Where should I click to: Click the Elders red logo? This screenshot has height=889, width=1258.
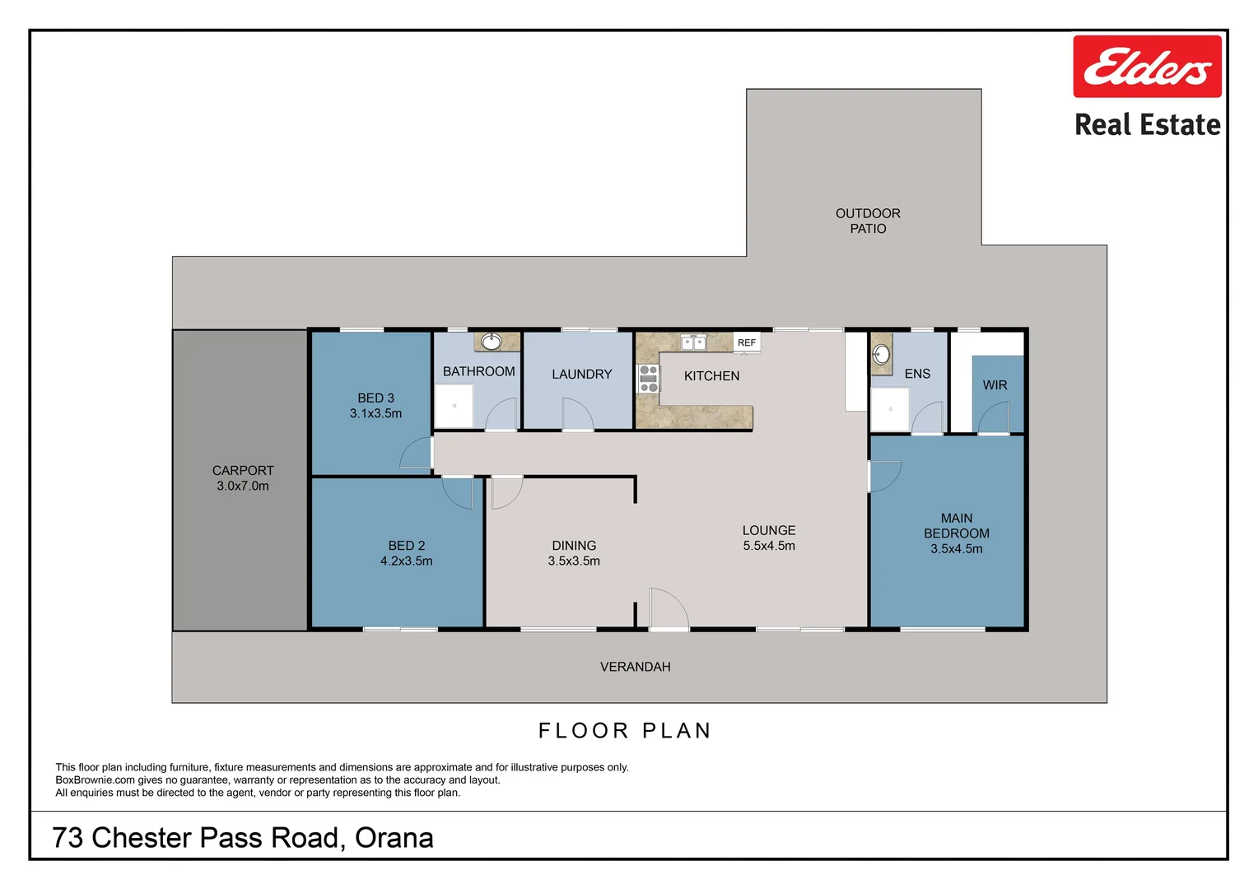tap(1146, 67)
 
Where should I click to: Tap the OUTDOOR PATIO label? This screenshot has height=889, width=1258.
tap(868, 221)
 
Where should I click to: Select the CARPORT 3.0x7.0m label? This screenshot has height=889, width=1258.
tap(243, 478)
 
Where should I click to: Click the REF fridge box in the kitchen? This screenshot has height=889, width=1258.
tap(747, 342)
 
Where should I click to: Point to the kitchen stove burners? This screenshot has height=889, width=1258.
tap(649, 379)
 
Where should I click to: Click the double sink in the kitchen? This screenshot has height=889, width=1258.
tap(693, 342)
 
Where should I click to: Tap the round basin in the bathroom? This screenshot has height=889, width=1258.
tap(492, 342)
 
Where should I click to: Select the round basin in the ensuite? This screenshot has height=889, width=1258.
tap(881, 355)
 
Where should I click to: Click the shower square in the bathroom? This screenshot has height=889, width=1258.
tap(454, 406)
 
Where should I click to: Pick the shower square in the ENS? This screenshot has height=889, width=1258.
tap(890, 409)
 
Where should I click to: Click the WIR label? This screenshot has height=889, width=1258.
tap(995, 385)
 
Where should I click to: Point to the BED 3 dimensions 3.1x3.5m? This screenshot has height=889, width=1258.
tap(375, 414)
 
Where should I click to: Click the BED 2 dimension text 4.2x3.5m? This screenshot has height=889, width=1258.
tap(406, 561)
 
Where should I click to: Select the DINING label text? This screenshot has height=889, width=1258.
tap(574, 546)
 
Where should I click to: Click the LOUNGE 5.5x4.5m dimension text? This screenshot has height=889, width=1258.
tap(769, 546)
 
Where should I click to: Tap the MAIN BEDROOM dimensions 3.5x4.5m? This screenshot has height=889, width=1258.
tap(956, 549)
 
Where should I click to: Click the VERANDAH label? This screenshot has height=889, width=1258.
tap(635, 667)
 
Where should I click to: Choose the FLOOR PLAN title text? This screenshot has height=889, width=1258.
tap(624, 731)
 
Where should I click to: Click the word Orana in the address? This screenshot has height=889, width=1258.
tap(394, 838)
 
